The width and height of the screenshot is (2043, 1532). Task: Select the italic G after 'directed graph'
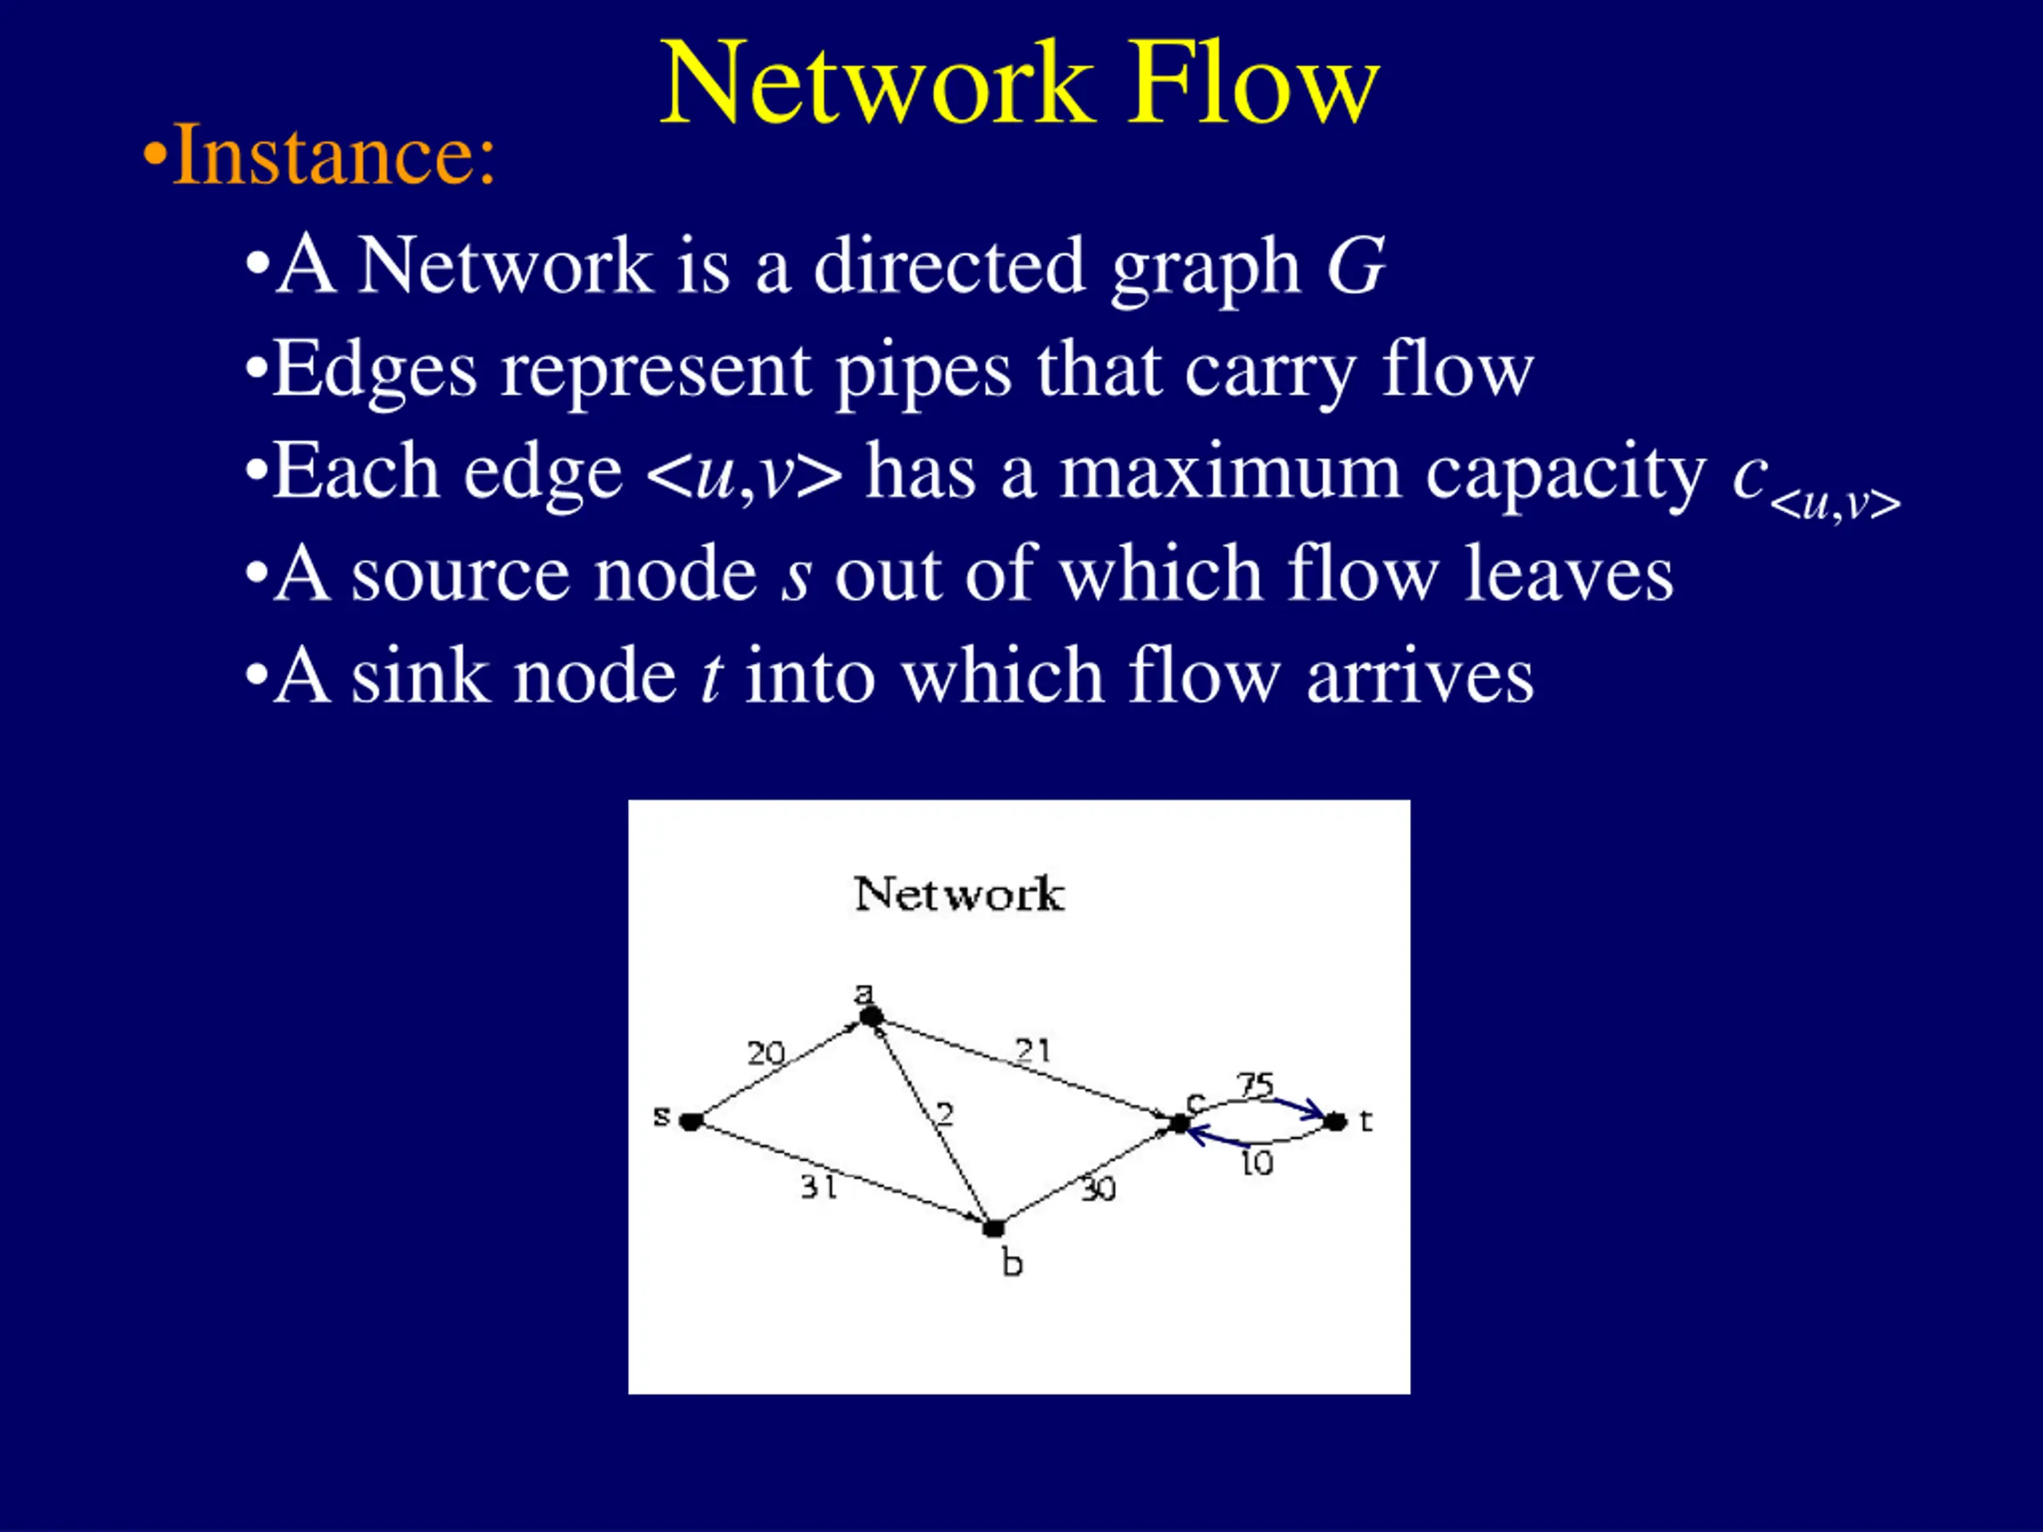tap(1355, 265)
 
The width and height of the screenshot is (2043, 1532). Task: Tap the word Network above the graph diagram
tap(958, 894)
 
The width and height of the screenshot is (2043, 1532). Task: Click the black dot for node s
tap(691, 1122)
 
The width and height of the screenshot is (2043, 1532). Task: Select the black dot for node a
tap(871, 1017)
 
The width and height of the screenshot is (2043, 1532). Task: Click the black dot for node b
tap(994, 1229)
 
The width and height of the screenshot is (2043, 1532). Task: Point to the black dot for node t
tap(1335, 1122)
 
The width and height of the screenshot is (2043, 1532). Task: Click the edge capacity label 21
tap(1033, 1050)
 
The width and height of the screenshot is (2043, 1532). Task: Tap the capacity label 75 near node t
tap(1256, 1084)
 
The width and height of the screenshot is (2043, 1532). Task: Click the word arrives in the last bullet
tap(1421, 677)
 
